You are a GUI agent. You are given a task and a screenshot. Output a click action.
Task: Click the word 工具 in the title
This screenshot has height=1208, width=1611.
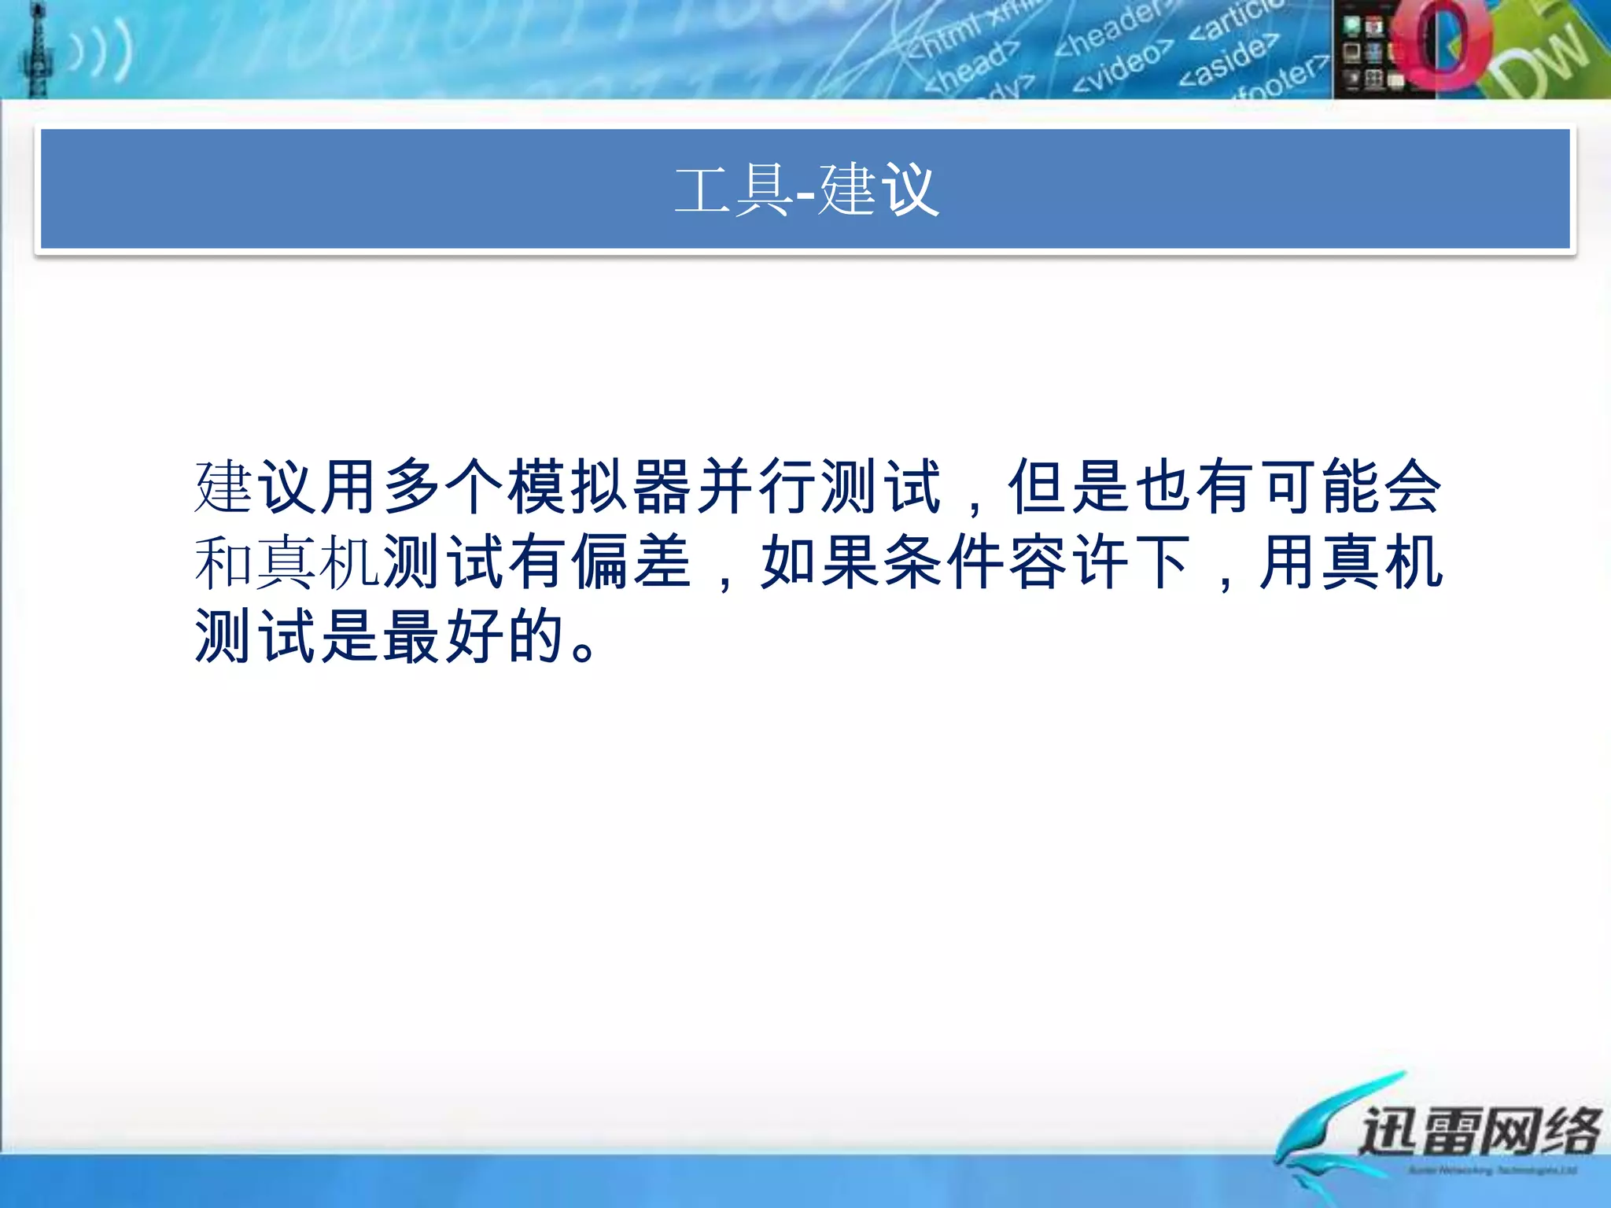click(x=733, y=190)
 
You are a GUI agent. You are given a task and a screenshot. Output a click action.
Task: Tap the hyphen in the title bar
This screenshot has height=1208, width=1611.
click(x=805, y=193)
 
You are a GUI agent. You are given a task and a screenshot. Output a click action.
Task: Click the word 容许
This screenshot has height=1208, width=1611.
click(x=1069, y=562)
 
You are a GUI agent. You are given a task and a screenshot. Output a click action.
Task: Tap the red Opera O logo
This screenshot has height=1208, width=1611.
click(x=1441, y=46)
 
